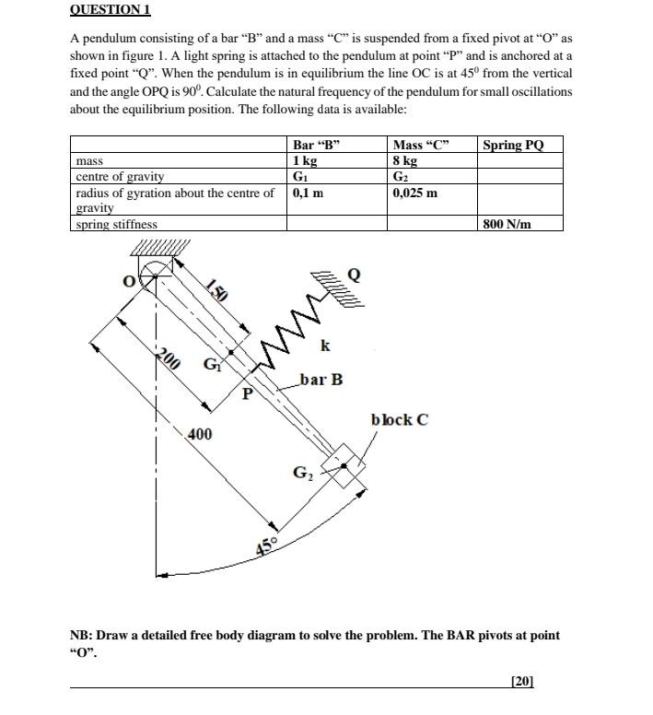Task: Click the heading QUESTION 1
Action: [x=110, y=10]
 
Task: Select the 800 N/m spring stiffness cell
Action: [x=507, y=224]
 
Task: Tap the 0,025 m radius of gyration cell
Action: [x=414, y=193]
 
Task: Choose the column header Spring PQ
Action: [x=513, y=145]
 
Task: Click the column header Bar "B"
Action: [x=316, y=145]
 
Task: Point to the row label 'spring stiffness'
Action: [x=116, y=224]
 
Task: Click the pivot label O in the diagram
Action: [x=130, y=279]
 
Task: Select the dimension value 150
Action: [x=216, y=290]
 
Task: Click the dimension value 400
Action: [x=199, y=433]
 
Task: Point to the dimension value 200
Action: [x=166, y=358]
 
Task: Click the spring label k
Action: [x=325, y=346]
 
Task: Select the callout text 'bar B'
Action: [x=321, y=379]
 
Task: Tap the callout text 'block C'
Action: [x=399, y=420]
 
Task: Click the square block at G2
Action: [x=343, y=466]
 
